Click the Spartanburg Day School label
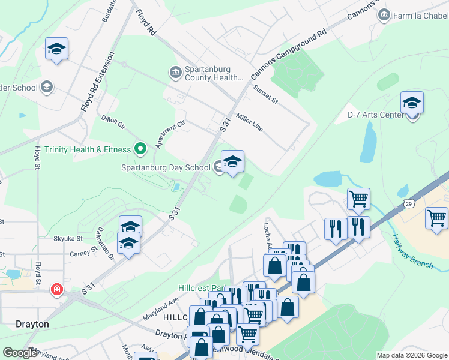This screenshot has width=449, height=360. (x=165, y=168)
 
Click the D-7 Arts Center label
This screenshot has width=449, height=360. (x=376, y=115)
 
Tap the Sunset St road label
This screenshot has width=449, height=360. (x=266, y=94)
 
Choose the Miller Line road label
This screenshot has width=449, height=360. (x=249, y=122)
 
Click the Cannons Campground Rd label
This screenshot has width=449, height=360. (x=288, y=54)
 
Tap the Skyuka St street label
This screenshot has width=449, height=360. (x=67, y=238)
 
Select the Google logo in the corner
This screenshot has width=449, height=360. (x=20, y=353)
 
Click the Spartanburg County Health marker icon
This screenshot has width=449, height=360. (x=176, y=73)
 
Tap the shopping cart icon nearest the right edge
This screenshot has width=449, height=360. (x=436, y=217)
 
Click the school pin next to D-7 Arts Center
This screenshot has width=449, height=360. (x=412, y=103)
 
